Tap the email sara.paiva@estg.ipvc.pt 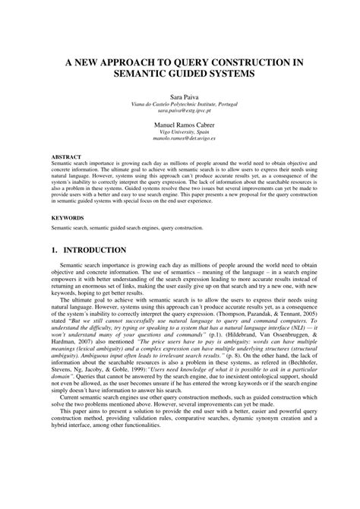[180, 109]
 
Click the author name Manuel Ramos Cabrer [180, 125]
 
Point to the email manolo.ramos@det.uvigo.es [180, 138]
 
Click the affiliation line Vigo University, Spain [180, 131]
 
